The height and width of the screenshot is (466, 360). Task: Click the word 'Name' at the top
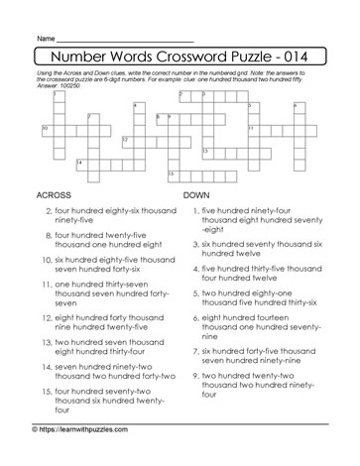coord(46,38)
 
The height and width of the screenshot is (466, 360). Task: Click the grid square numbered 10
coord(47,129)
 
